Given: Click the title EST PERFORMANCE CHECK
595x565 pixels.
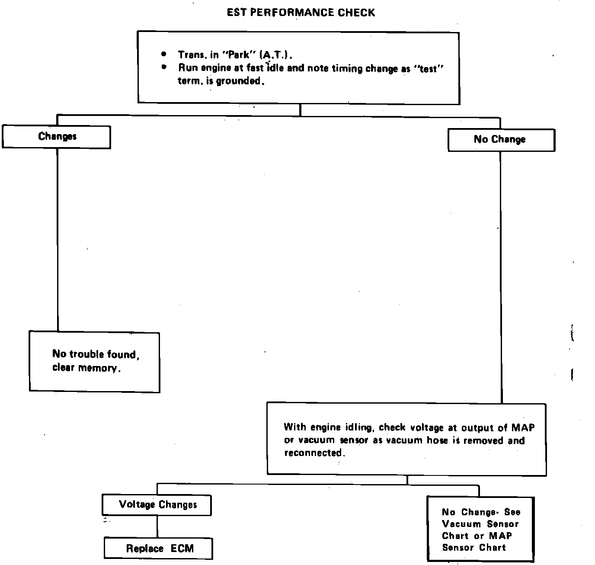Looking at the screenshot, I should click(301, 13).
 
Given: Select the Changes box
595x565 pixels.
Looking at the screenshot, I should click(57, 137).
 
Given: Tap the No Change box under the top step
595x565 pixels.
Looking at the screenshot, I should click(501, 140).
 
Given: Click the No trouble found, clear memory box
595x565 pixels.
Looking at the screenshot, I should click(94, 362).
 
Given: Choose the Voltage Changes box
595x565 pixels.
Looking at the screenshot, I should click(157, 505).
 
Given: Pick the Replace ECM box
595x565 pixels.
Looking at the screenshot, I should click(158, 549).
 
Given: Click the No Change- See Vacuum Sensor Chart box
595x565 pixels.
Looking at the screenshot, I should click(480, 529).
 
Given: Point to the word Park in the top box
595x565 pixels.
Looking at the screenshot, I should click(239, 55).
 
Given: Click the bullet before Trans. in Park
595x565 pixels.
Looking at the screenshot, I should click(163, 55).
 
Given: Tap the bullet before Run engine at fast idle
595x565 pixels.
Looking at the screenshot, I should click(163, 67).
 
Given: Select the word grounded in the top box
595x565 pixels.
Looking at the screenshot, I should click(239, 81).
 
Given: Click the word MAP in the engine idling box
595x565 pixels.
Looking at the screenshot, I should click(523, 428).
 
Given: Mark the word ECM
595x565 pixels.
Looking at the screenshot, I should click(182, 549).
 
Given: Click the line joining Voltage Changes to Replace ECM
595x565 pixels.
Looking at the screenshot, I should click(157, 526).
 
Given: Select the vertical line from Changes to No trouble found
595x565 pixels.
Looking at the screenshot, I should click(58, 238).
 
